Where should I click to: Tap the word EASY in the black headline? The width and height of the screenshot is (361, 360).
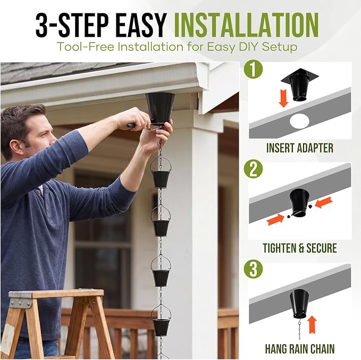tap(140, 25)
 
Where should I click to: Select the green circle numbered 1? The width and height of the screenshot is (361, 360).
tap(253, 69)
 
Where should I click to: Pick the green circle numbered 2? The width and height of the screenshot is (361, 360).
tap(253, 169)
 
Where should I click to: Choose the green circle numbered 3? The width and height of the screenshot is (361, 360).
tap(253, 269)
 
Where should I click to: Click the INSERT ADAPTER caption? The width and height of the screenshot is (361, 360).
tap(300, 148)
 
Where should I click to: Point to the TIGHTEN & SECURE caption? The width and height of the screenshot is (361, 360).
tap(300, 248)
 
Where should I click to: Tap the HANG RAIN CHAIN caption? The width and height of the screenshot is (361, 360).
tap(300, 348)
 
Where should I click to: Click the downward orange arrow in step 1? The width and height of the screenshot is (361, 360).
tap(284, 98)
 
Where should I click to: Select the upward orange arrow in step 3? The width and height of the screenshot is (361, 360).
tap(312, 324)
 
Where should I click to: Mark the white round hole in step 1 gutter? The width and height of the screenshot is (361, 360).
tap(299, 121)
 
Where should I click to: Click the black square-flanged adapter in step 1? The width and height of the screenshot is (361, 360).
tap(300, 84)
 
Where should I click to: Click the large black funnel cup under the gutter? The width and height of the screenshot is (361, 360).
tap(160, 108)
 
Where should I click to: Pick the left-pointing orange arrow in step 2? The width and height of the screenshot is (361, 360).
tap(323, 202)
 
